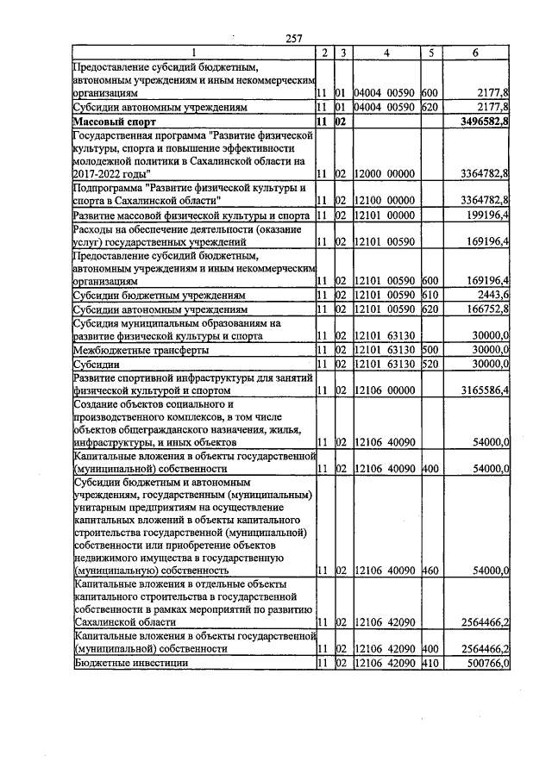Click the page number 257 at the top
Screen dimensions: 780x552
click(294, 38)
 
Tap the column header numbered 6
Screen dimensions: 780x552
click(475, 53)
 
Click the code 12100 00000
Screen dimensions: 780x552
click(386, 200)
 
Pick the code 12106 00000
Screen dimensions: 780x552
click(386, 390)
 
